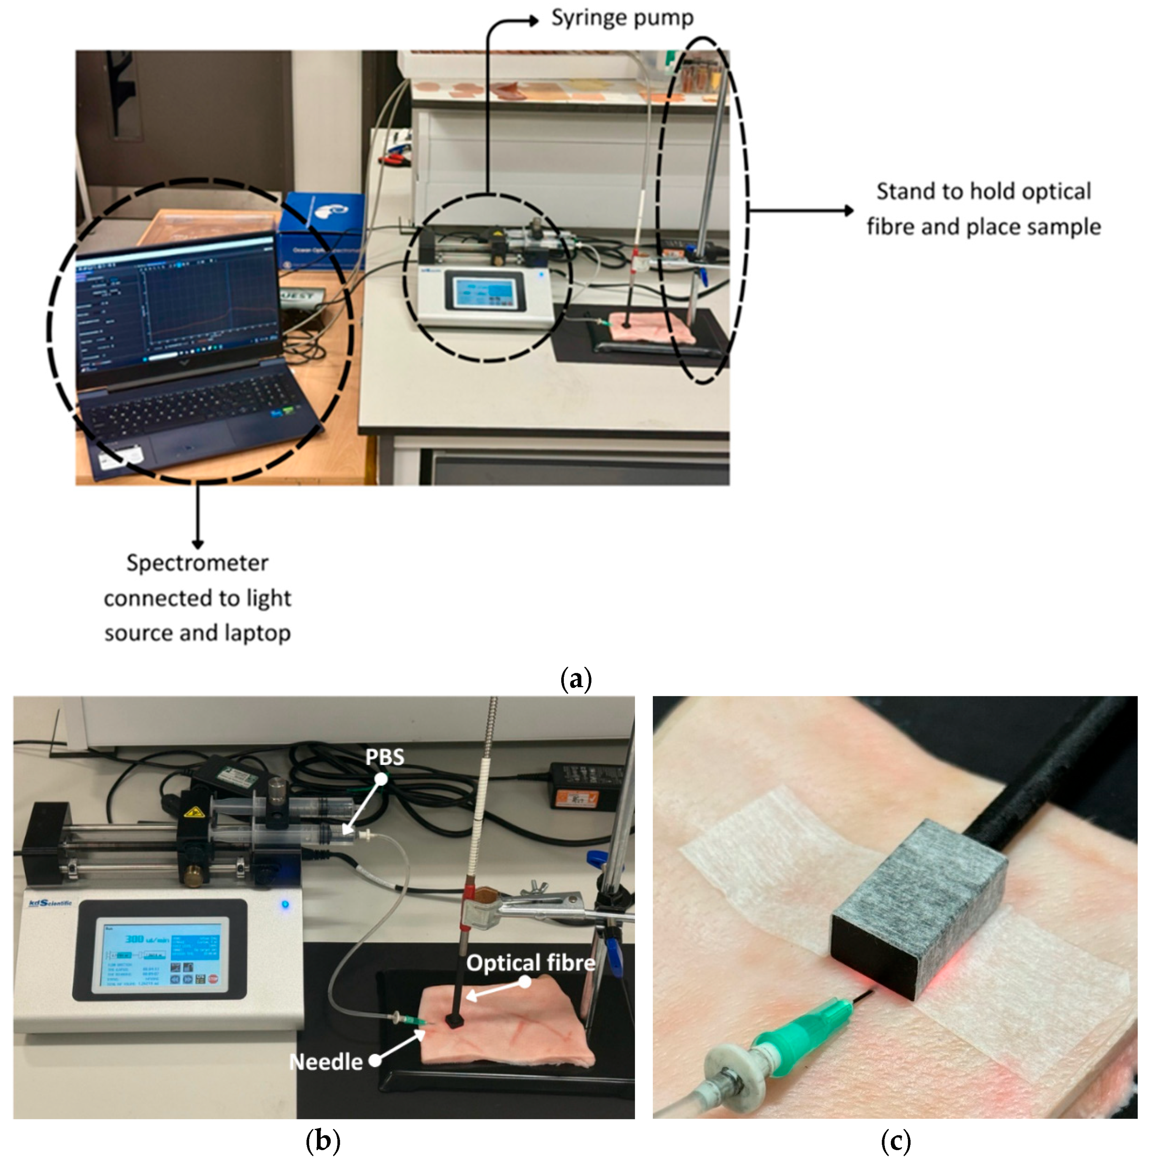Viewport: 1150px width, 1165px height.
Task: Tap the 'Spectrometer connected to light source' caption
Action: coord(197,598)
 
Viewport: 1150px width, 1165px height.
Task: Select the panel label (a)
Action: coord(576,679)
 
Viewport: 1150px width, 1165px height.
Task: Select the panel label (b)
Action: coord(323,1141)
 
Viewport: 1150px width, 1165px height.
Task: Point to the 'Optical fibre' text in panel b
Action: coord(531,963)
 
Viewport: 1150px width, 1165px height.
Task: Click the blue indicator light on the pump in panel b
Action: coord(285,905)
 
